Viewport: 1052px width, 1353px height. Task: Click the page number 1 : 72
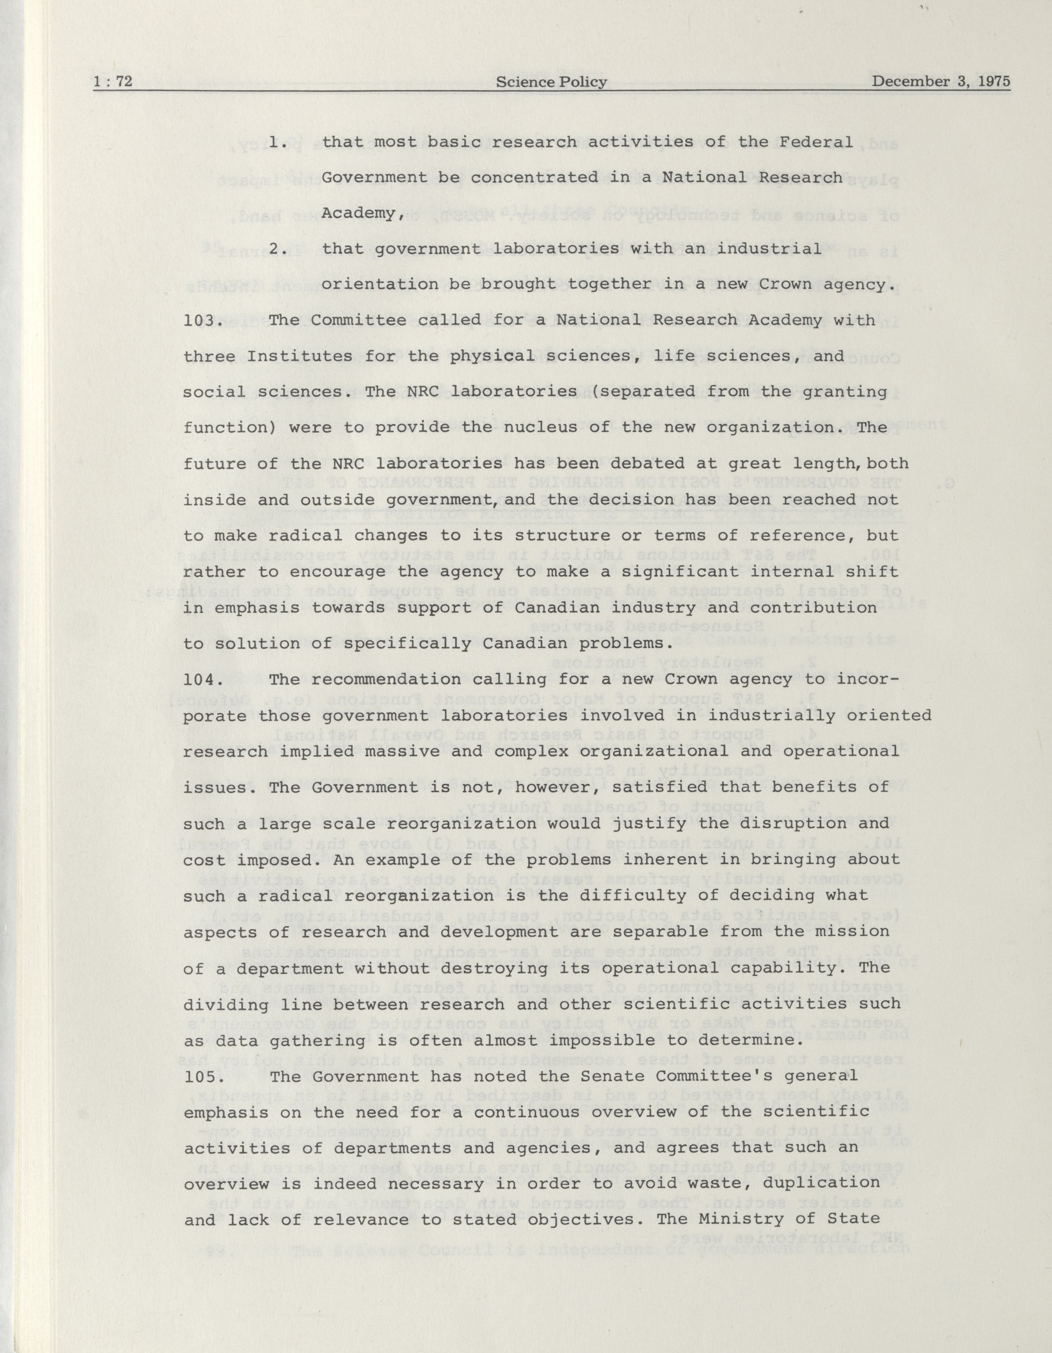point(113,81)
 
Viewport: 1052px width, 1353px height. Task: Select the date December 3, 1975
point(941,81)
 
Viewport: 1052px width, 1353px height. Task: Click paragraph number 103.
point(203,320)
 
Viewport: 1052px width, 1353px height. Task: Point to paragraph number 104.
point(203,679)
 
